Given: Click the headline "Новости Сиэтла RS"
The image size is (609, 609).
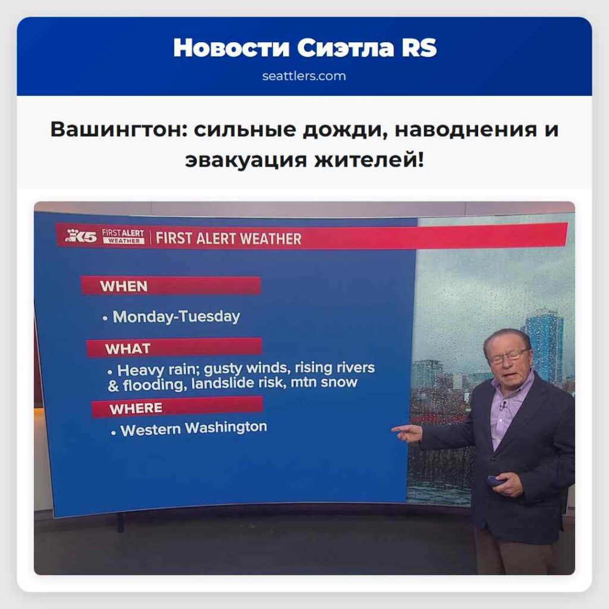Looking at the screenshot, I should pos(304,48).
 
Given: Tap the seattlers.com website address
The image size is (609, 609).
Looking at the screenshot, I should pos(304,76).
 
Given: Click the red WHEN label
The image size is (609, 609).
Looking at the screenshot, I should pos(124,286).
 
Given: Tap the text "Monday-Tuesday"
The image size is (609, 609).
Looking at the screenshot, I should pos(177,316).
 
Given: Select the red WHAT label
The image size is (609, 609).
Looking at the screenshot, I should pos(128,349).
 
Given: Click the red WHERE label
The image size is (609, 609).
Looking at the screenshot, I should pos(136,409).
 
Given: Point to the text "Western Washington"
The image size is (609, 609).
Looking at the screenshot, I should pos(194,428).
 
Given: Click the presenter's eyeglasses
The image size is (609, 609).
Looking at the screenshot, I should pos(507,356).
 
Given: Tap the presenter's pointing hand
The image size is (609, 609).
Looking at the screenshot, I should pos(407,432).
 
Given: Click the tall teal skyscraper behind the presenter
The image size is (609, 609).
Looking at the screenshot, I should pos(544,346).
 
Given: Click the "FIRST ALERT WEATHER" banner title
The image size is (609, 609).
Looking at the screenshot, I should pos(229,239).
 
